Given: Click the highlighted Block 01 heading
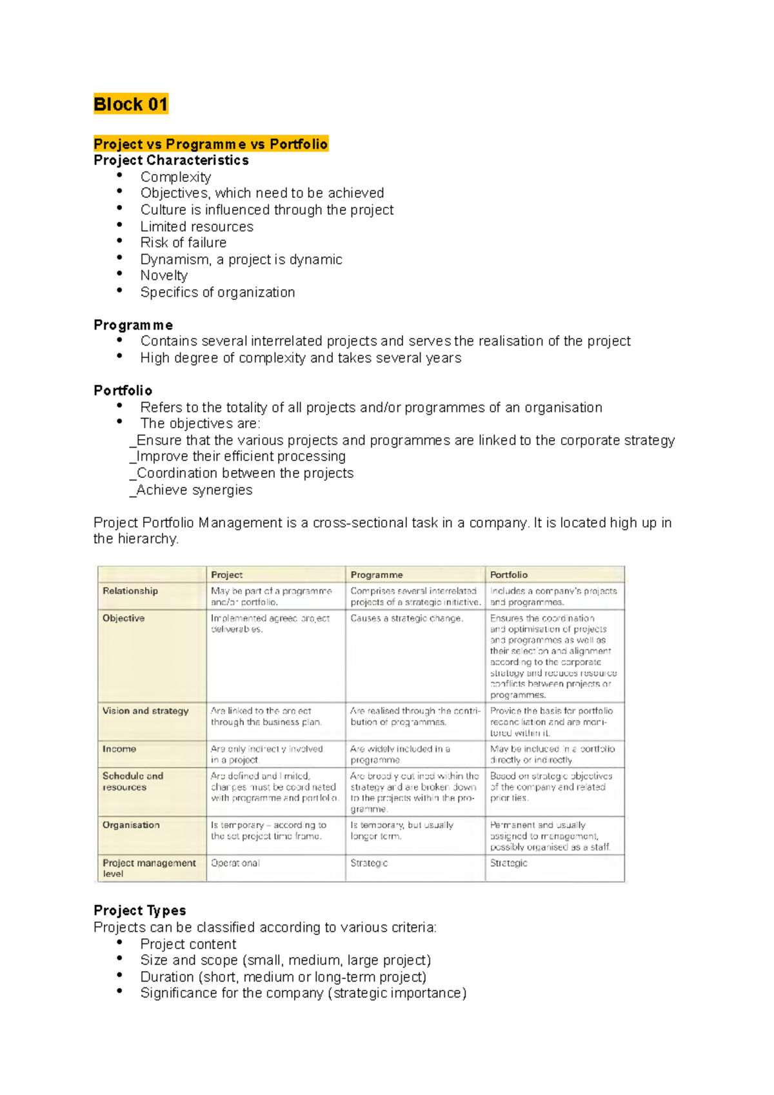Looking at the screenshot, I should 131,104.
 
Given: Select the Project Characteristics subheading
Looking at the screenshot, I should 171,160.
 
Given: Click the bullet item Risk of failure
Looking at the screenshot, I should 183,242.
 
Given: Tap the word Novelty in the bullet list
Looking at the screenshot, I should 164,275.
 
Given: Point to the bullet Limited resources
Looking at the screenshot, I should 197,226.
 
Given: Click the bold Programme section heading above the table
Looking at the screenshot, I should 133,325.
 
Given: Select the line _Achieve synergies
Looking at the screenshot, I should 192,490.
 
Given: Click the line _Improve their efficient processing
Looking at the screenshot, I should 238,457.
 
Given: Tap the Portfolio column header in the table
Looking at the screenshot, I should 509,575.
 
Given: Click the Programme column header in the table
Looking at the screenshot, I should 377,575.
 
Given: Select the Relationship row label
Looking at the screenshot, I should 130,591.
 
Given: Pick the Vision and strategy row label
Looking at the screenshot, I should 145,711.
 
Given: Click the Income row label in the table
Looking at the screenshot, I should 119,749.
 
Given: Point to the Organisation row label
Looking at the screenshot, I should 131,825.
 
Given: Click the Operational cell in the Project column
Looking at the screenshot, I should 235,863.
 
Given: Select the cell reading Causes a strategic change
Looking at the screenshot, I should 406,618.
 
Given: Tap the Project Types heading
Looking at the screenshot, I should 140,911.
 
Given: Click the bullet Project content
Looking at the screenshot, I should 188,944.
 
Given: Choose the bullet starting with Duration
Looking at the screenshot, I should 283,977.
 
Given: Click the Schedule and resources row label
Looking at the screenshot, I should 133,781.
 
